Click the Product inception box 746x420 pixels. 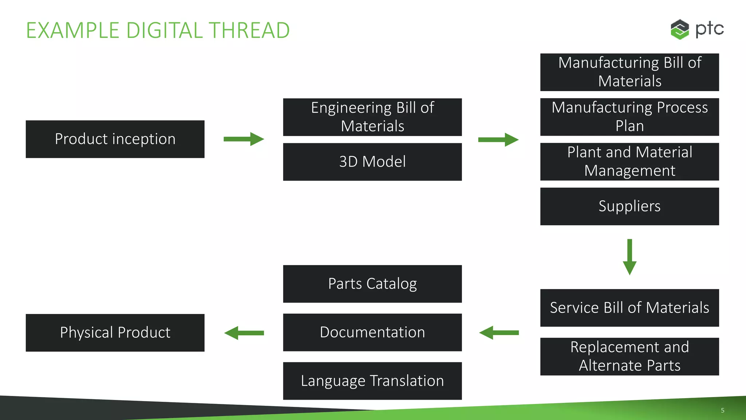click(115, 139)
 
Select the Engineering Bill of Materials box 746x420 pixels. click(372, 117)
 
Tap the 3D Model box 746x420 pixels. click(372, 162)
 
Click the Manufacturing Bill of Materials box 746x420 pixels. click(629, 72)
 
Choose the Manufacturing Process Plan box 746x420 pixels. click(629, 117)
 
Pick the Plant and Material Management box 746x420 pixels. click(629, 162)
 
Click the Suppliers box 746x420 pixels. click(629, 206)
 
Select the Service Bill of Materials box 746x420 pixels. click(629, 308)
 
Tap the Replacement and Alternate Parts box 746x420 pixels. click(629, 356)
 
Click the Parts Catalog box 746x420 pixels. click(372, 284)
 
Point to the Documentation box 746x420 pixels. click(372, 332)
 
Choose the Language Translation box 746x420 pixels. click(372, 381)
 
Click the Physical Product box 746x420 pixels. click(115, 332)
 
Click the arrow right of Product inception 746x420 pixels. click(243, 139)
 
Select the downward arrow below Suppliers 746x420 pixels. click(629, 257)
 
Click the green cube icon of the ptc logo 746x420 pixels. click(680, 29)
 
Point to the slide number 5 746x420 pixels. click(722, 410)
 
